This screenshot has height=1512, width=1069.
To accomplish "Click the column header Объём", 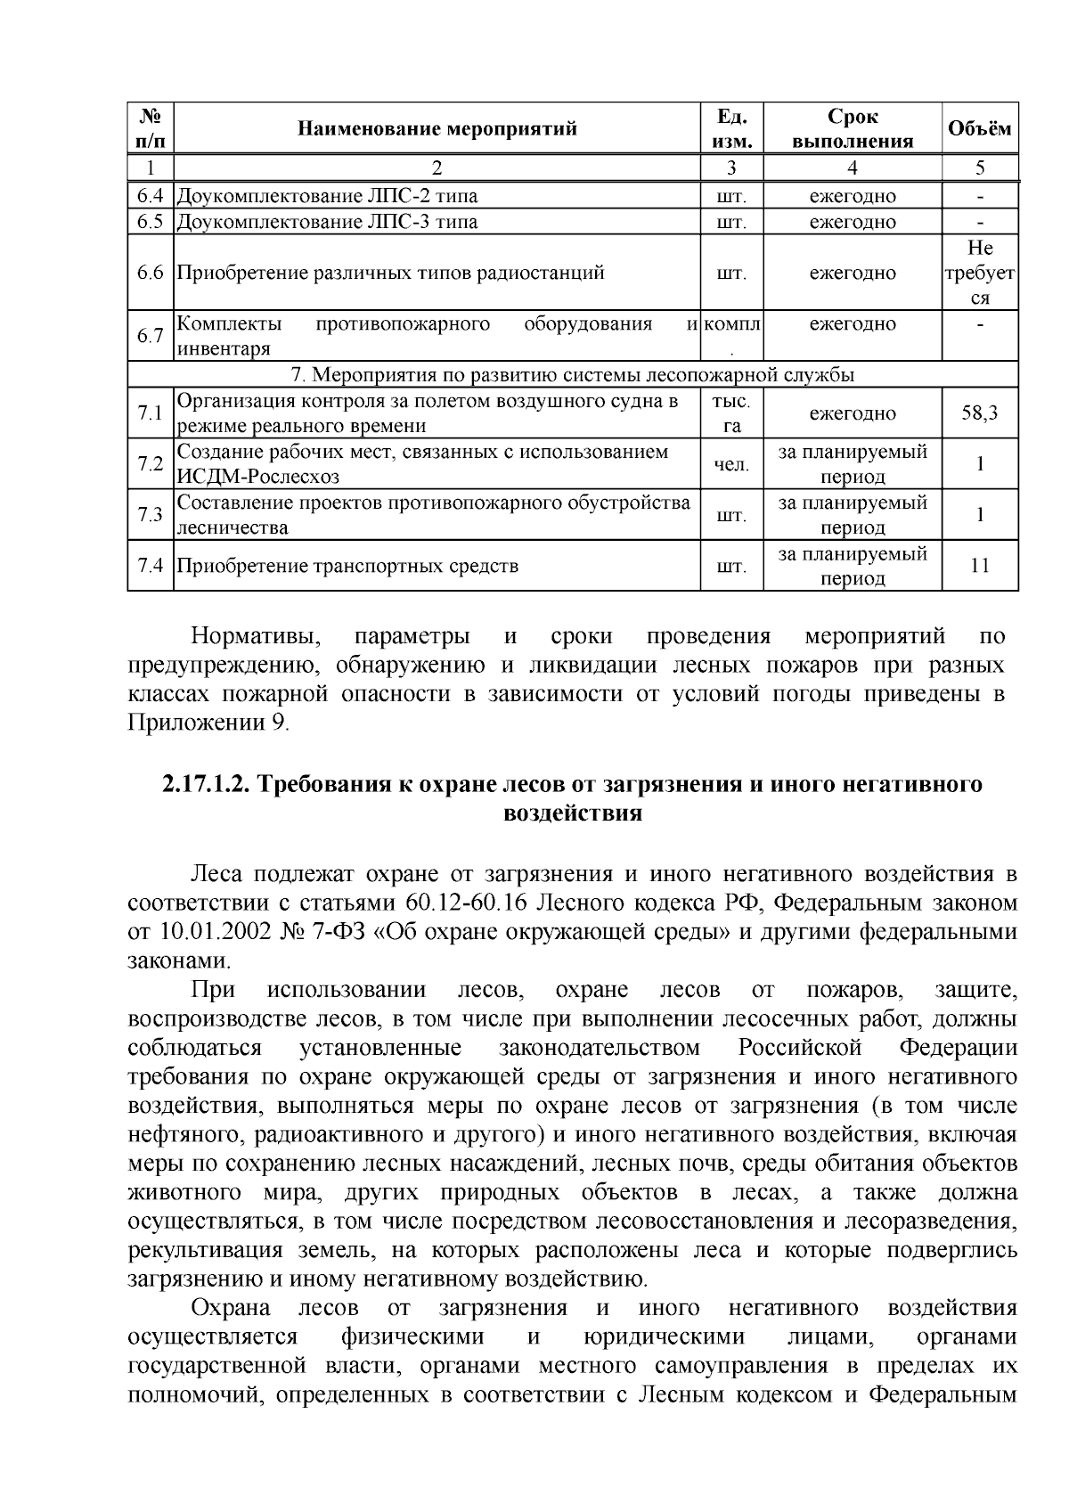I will pos(979,128).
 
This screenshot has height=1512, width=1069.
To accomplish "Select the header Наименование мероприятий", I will pos(437,128).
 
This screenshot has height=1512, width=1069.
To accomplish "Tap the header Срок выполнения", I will pos(852,128).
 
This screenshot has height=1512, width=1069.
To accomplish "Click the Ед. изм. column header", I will pos(730,128).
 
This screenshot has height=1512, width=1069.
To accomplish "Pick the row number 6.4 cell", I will pos(150,196).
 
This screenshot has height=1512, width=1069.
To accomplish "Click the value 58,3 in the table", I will pos(979,413).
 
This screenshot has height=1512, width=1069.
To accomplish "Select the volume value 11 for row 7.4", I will pos(979,566).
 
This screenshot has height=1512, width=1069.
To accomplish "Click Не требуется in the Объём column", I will pos(979,273).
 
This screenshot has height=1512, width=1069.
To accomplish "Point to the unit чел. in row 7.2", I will pos(730,464).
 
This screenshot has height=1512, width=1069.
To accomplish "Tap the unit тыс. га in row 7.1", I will pos(730,413).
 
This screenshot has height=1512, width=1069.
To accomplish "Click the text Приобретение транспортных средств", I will pos(347,566).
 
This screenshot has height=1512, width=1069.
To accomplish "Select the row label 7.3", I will pos(150,515).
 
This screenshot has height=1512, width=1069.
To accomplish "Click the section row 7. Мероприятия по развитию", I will pos(573,373).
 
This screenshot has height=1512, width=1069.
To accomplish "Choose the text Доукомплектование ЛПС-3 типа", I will pos(327,222).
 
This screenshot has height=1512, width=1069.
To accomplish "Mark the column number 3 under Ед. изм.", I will pos(730,168).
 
